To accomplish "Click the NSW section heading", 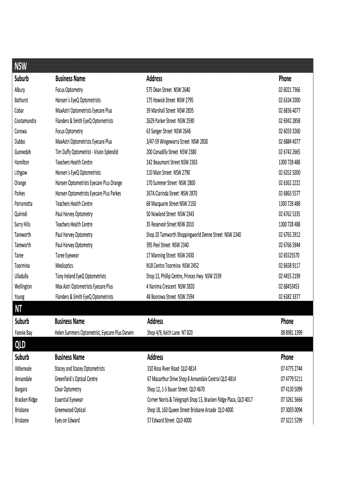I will pyautogui.click(x=20, y=66).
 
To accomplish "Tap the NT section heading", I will pyautogui.click(x=19, y=308).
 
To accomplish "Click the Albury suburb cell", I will pyautogui.click(x=20, y=90).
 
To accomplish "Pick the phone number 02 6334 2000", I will pyautogui.click(x=289, y=100).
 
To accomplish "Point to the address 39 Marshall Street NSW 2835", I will pyautogui.click(x=170, y=110).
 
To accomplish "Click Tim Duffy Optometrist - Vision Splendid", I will pyautogui.click(x=87, y=152).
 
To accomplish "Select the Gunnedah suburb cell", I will pyautogui.click(x=23, y=152).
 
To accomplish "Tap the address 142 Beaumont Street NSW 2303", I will pyautogui.click(x=172, y=162).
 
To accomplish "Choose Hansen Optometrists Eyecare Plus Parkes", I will pyautogui.click(x=88, y=193).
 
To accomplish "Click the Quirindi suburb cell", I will pyautogui.click(x=21, y=214).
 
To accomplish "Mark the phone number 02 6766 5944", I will pyautogui.click(x=289, y=245).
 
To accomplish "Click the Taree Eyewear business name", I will pyautogui.click(x=67, y=256).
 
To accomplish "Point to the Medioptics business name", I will pyautogui.click(x=65, y=266).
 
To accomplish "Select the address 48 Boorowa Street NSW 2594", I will pyautogui.click(x=170, y=297).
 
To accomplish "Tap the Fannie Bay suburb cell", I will pyautogui.click(x=24, y=333).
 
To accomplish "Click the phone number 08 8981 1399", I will pyautogui.click(x=291, y=333).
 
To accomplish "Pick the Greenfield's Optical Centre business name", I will pyautogui.click(x=76, y=379).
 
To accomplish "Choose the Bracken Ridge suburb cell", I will pyautogui.click(x=26, y=400).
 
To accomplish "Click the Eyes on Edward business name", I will pyautogui.click(x=67, y=420).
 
